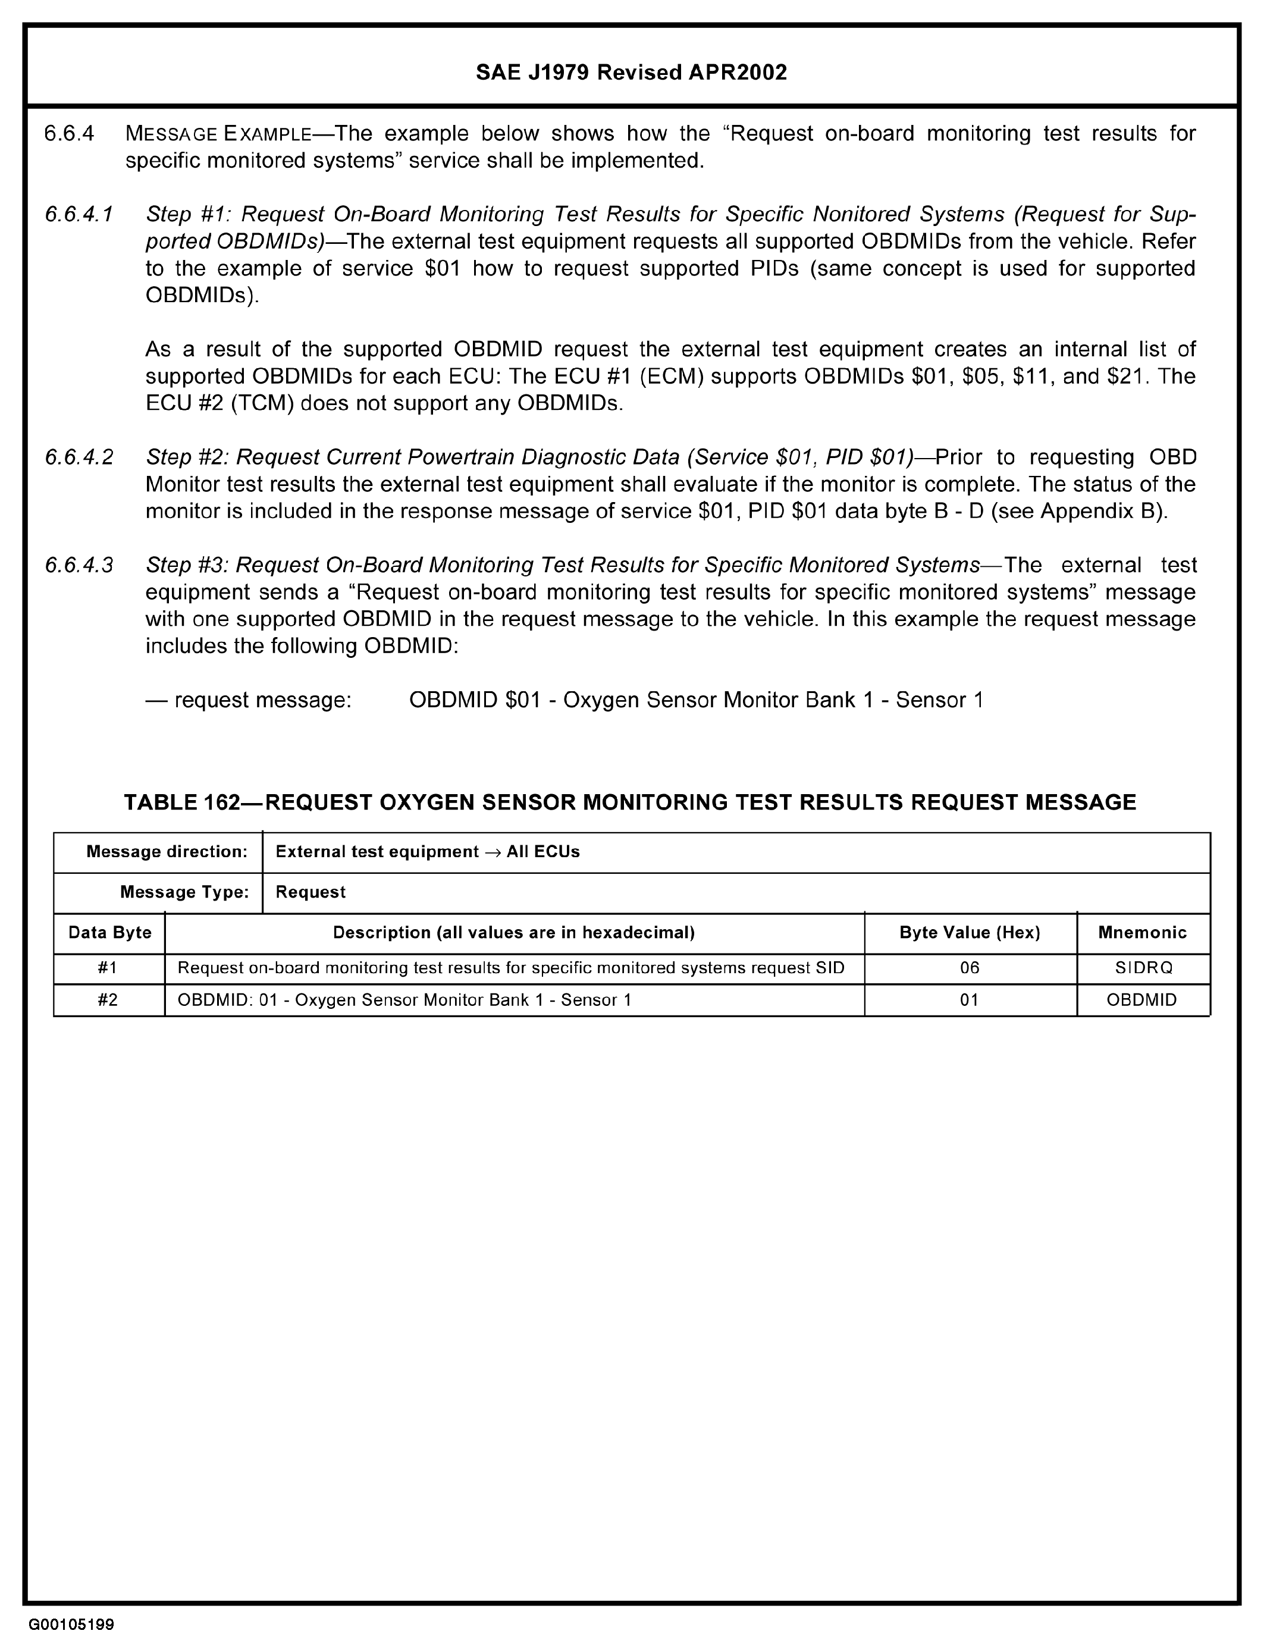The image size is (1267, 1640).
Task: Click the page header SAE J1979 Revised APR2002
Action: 632,72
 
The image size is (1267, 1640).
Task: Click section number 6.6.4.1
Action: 79,215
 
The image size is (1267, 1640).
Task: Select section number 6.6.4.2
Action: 79,457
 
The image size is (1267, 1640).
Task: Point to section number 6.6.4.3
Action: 79,565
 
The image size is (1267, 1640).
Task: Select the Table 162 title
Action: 629,802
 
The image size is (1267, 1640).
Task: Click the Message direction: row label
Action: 167,852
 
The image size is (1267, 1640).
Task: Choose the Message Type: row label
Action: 184,892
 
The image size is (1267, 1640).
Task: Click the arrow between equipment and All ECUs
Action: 493,852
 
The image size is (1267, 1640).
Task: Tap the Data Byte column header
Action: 109,933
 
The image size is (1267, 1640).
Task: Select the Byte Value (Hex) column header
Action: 970,933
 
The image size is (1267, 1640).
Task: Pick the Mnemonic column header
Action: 1142,933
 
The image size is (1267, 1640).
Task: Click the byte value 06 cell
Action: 970,968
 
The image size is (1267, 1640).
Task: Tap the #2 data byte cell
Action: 108,1000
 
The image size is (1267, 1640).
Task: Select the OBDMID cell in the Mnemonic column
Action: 1141,1000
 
